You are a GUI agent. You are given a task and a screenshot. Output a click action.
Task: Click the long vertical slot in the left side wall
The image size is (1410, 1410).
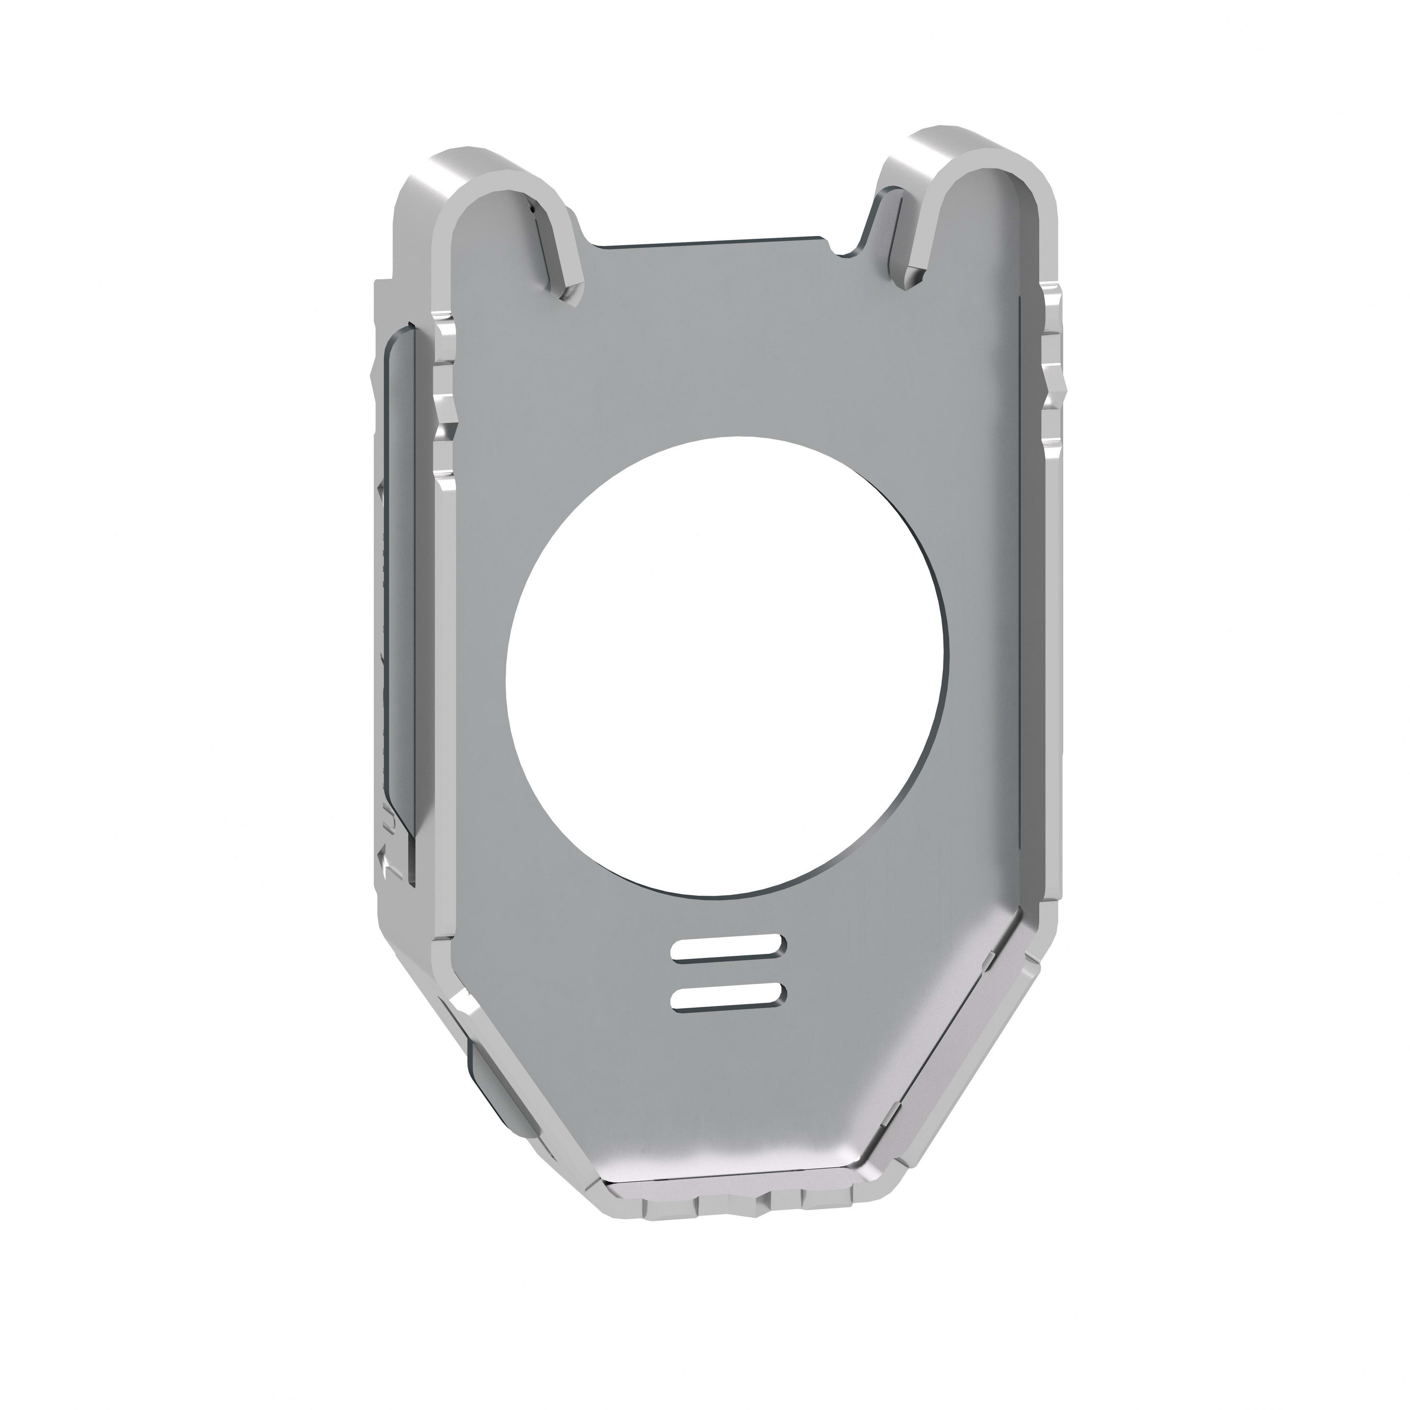(400, 584)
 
